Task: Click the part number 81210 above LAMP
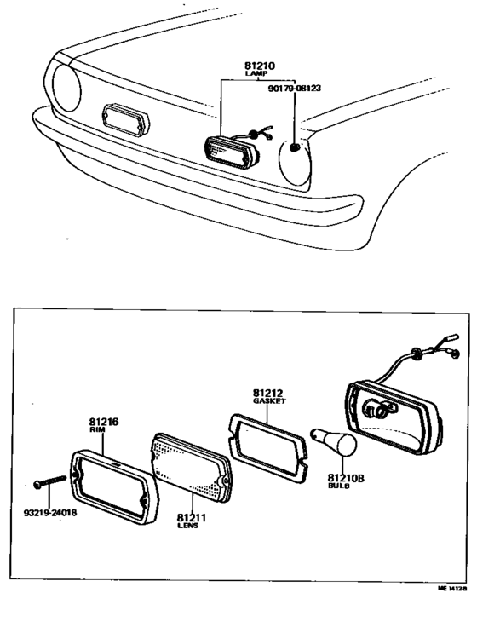[255, 64]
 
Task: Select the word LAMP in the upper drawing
[255, 74]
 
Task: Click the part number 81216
[102, 421]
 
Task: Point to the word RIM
[96, 430]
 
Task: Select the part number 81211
[190, 516]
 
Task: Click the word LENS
[187, 527]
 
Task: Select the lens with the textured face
[190, 472]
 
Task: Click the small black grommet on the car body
[296, 147]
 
